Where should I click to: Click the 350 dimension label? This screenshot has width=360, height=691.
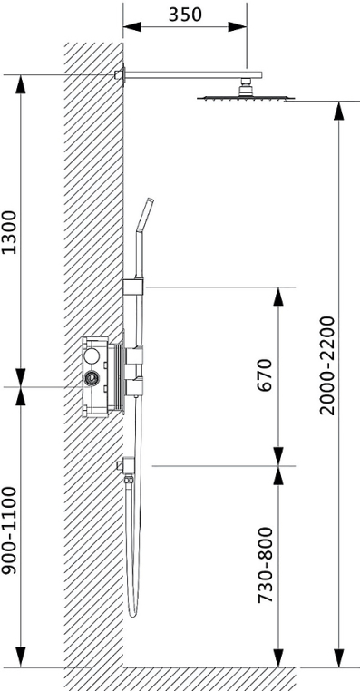pyautogui.click(x=185, y=15)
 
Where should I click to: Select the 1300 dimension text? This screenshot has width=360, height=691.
pyautogui.click(x=9, y=232)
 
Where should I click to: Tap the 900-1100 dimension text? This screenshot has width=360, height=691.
pyautogui.click(x=9, y=530)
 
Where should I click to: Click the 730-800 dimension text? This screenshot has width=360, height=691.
pyautogui.click(x=265, y=565)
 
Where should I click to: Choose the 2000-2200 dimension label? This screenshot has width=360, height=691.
pyautogui.click(x=327, y=365)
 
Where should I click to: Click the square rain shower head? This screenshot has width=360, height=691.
pyautogui.click(x=246, y=97)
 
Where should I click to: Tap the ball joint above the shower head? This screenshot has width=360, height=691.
pyautogui.click(x=246, y=86)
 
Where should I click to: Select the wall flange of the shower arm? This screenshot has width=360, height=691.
pyautogui.click(x=121, y=74)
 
